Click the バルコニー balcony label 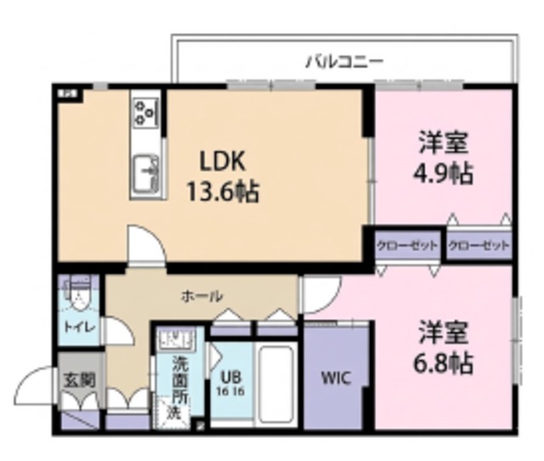[344, 61]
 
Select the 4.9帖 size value [444, 174]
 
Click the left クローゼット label [407, 246]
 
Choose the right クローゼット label [479, 246]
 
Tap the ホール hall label [202, 296]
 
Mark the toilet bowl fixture [81, 296]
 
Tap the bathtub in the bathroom [276, 383]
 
